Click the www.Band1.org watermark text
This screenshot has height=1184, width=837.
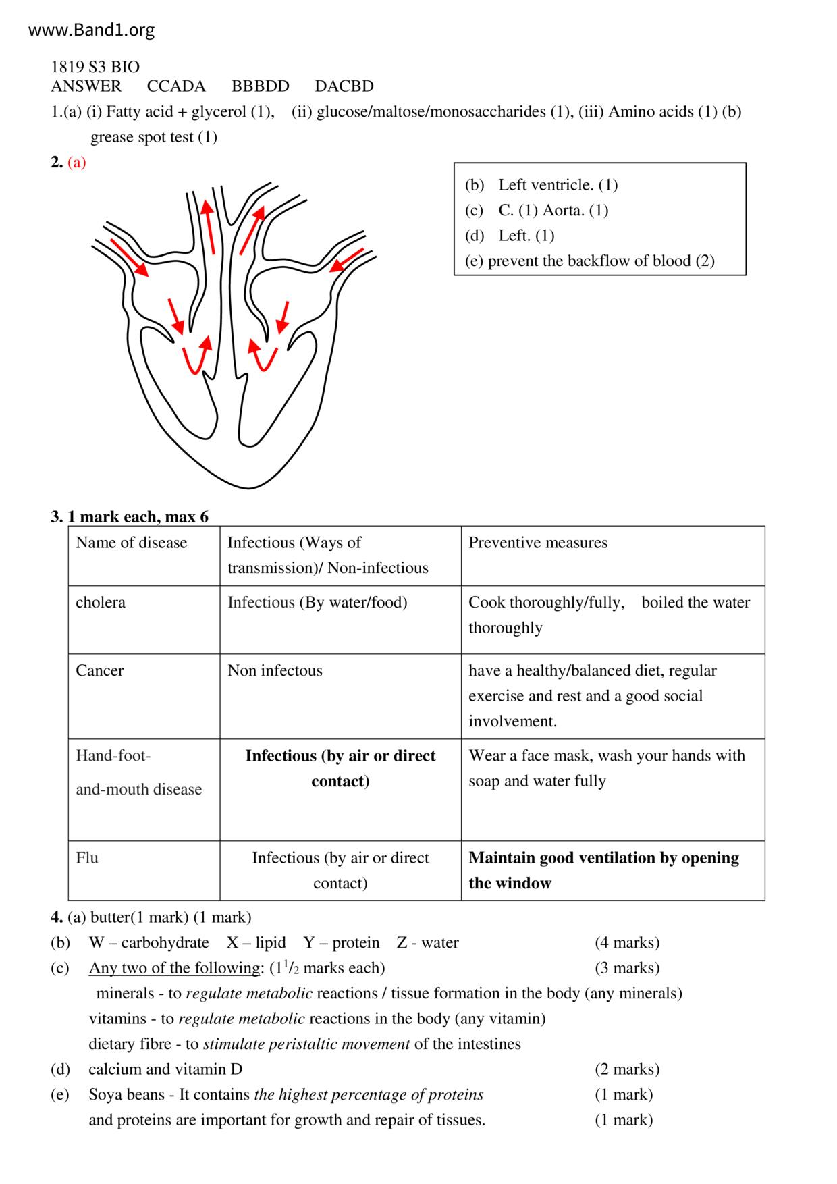coord(92,30)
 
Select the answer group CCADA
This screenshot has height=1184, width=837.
coord(176,86)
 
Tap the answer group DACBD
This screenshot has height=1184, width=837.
coord(344,86)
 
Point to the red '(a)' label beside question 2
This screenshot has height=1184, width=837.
coord(77,162)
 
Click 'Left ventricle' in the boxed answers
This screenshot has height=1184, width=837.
coord(545,185)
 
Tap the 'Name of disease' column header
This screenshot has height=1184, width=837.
coord(131,543)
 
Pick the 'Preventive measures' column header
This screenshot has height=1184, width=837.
coord(538,543)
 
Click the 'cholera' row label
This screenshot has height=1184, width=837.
coord(101,602)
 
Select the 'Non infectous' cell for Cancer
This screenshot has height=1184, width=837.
coord(275,670)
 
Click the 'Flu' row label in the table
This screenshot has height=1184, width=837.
coord(87,858)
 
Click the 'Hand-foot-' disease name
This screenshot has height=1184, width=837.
coord(113,756)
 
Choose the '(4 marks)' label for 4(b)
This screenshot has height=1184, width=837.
coord(627,942)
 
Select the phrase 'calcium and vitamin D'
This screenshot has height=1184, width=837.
coord(165,1069)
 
